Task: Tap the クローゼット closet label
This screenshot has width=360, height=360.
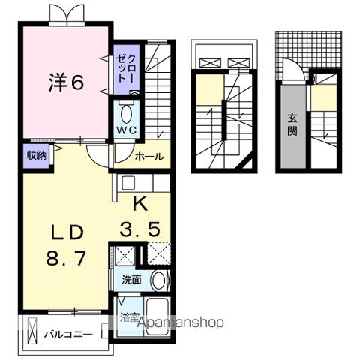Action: tap(126, 69)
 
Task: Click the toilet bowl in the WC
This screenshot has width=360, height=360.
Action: tap(126, 115)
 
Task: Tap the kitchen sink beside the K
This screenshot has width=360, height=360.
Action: tap(127, 182)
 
